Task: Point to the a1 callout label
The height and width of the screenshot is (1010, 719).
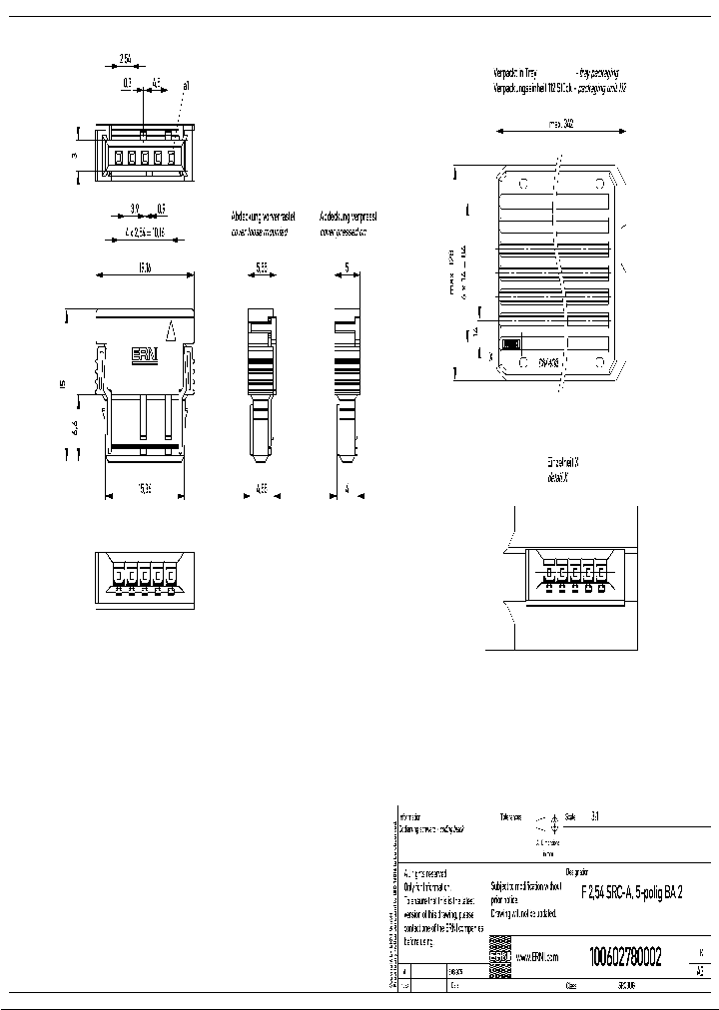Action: pyautogui.click(x=187, y=87)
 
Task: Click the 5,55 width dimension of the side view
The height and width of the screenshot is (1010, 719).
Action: pyautogui.click(x=261, y=267)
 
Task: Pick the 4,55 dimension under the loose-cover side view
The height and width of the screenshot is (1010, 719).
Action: pyautogui.click(x=260, y=491)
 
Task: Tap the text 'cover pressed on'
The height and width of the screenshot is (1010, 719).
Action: pyautogui.click(x=343, y=232)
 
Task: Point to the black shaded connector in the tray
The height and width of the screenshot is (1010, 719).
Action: pyautogui.click(x=510, y=343)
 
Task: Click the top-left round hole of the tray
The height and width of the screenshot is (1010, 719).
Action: pyautogui.click(x=521, y=184)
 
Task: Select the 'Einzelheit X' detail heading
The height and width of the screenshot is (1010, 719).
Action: pyautogui.click(x=563, y=465)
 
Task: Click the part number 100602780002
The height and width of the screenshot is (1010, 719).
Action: pyautogui.click(x=625, y=955)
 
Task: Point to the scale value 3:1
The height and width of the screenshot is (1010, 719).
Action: pyautogui.click(x=596, y=815)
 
